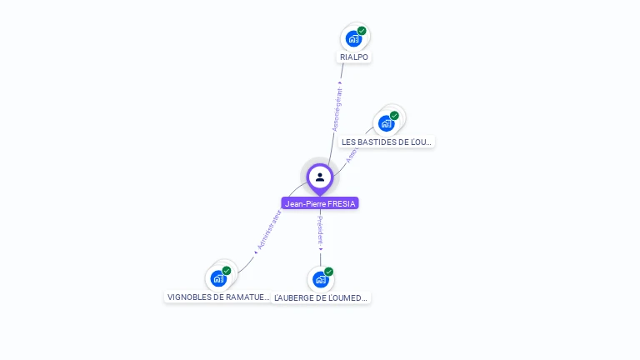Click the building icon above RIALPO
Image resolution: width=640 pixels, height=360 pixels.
(x=354, y=39)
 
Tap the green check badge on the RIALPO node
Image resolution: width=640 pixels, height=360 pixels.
(x=362, y=31)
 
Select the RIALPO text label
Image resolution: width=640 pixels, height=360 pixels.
(x=354, y=57)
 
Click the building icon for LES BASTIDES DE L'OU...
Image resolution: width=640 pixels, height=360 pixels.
(x=386, y=124)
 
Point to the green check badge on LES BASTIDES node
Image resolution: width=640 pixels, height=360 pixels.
(x=394, y=116)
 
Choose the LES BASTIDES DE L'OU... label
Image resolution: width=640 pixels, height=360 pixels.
(x=387, y=142)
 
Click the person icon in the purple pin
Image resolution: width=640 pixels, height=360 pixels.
(x=320, y=177)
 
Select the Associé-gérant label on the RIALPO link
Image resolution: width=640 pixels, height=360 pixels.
(x=337, y=108)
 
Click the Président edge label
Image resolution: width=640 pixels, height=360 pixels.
(x=320, y=231)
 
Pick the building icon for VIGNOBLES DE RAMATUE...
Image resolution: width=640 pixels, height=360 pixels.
(x=219, y=278)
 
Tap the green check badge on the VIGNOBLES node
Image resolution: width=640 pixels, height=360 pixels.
(x=227, y=270)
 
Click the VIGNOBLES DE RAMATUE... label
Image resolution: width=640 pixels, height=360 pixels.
(x=219, y=297)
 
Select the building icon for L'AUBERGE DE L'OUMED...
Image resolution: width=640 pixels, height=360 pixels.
(x=321, y=280)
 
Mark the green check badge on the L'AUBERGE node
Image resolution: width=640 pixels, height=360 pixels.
(x=329, y=272)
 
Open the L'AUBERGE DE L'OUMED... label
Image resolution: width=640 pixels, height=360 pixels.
(x=322, y=297)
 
